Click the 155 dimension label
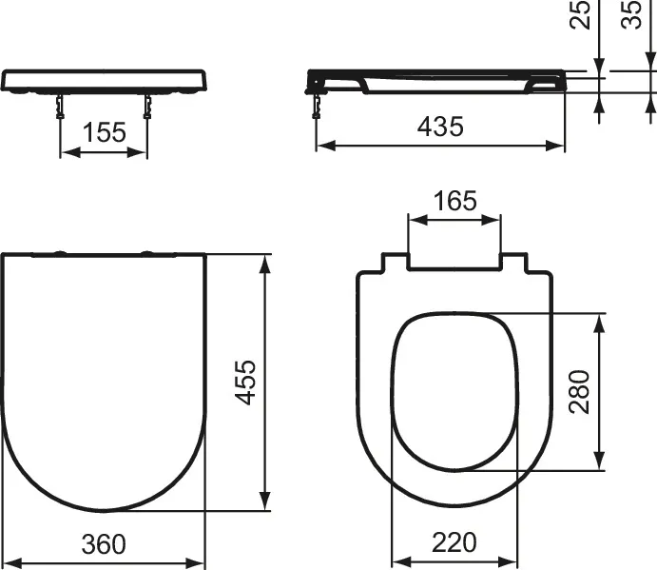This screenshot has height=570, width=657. pos(104,132)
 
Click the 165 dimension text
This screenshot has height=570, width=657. pos(454,201)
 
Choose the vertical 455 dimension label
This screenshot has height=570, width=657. pos(245,382)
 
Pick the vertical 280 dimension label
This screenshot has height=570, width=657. pos(579,393)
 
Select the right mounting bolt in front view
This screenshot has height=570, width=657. pos(147,105)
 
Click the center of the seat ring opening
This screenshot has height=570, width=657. pos(454,390)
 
